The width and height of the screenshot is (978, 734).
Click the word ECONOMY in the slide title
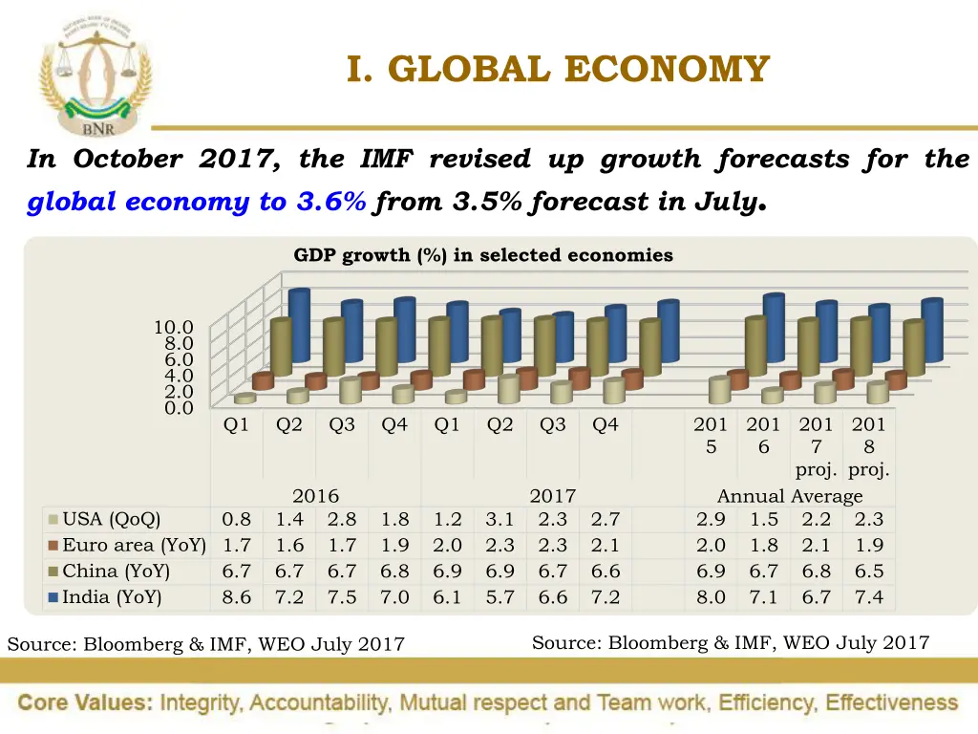click(667, 69)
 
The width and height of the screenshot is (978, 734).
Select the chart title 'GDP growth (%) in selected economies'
click(483, 255)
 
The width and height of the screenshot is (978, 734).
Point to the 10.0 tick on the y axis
click(174, 328)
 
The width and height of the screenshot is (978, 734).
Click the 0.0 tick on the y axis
click(178, 407)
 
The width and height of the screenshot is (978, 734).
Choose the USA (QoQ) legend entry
click(111, 520)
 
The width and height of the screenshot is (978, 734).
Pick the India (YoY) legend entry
click(111, 597)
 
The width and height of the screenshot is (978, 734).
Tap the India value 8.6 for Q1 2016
click(237, 597)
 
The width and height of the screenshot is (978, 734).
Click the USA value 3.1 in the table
click(500, 520)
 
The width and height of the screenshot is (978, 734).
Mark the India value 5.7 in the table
click(500, 597)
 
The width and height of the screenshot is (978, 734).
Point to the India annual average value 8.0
click(711, 597)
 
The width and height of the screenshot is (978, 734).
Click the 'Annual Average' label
click(790, 496)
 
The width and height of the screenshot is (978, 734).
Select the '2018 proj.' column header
click(868, 447)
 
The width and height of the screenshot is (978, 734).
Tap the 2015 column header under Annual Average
click(711, 435)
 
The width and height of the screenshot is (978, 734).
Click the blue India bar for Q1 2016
click(299, 325)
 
